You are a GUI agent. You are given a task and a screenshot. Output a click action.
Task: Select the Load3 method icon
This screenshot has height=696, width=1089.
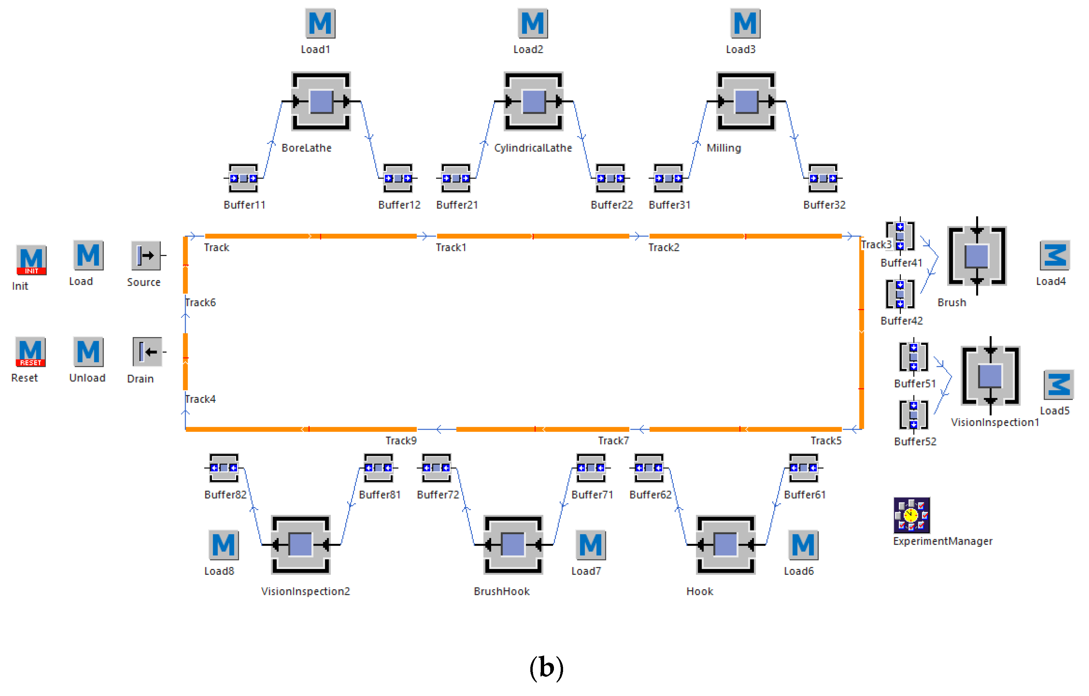pos(745,24)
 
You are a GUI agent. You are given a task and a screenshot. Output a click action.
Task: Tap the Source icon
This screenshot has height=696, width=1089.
pos(146,255)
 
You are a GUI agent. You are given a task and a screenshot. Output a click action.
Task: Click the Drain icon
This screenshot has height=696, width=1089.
pos(147,351)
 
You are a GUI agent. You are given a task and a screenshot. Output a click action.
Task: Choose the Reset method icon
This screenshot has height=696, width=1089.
pos(30,351)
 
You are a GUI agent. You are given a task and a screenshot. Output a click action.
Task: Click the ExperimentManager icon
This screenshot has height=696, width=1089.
pos(911,515)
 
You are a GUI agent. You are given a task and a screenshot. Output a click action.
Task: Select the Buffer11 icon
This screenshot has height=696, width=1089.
pos(243,178)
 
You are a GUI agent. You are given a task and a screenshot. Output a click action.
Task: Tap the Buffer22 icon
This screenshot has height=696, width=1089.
pos(610,178)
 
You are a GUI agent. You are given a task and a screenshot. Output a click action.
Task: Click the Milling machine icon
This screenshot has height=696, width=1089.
pos(746,101)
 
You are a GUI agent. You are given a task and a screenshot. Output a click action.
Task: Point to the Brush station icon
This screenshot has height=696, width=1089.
pos(977,256)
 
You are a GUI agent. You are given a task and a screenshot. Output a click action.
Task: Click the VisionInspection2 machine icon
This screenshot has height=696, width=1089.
pos(301,545)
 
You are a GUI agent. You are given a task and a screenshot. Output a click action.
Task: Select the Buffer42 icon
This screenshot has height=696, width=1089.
pos(900,294)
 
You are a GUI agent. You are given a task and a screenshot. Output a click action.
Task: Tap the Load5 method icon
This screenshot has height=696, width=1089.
pos(1058,385)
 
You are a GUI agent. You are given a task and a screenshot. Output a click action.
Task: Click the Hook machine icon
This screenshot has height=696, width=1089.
pos(726,545)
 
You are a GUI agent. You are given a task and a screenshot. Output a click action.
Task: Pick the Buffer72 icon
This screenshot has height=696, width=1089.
pos(436,468)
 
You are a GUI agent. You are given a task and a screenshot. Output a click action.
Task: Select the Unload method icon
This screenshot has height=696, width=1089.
pos(88,351)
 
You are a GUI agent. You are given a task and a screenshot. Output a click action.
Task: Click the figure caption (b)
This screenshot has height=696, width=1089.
pos(546,668)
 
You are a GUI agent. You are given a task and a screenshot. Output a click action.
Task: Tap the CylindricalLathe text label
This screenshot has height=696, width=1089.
pos(533,148)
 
